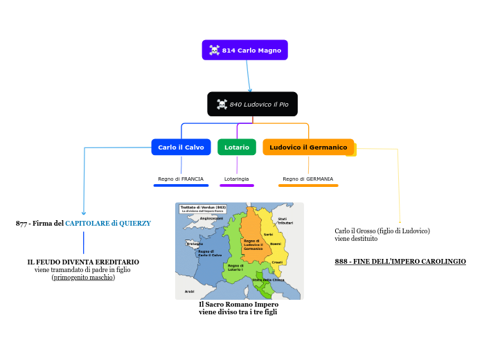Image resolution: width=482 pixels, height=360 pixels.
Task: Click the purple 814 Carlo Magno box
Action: tap(244, 50)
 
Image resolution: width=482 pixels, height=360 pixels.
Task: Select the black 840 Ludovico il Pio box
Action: tap(252, 104)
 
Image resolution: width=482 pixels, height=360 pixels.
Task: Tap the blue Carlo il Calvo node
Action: tap(181, 147)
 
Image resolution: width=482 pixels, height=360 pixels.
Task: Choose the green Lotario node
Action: tap(237, 147)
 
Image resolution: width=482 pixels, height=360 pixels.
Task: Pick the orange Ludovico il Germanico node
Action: tap(308, 147)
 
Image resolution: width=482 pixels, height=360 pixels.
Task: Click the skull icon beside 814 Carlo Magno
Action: tap(215, 50)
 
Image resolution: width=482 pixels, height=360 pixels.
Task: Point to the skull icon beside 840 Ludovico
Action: tap(222, 104)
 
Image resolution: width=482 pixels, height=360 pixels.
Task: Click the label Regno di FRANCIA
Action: tap(181, 179)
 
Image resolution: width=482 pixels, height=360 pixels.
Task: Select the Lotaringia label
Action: tap(237, 179)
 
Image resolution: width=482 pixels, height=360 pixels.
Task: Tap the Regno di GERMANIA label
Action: tap(308, 179)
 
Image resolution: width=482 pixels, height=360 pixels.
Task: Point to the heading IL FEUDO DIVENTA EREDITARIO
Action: tap(83, 262)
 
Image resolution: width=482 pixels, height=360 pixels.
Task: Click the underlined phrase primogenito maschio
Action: tap(83, 278)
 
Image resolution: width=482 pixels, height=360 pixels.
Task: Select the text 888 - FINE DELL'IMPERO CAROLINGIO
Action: tap(400, 261)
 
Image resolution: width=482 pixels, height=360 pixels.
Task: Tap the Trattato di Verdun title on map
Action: tap(203, 208)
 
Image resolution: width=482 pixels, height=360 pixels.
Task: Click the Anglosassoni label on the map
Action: tap(211, 218)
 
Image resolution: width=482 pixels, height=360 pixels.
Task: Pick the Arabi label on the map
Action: tap(189, 291)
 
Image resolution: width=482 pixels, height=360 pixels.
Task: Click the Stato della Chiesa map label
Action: tap(269, 279)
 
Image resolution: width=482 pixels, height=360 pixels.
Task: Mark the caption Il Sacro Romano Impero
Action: tap(238, 304)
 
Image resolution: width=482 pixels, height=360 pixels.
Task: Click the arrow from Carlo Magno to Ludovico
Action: tap(248, 76)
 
